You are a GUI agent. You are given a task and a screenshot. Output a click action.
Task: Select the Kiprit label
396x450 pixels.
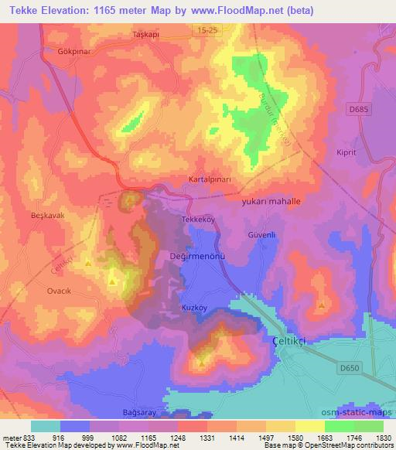pos(346,152)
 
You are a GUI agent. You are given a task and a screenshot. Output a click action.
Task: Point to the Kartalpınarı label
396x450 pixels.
pos(210,179)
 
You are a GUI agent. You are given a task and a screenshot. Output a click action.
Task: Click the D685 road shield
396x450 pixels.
pos(357,111)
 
